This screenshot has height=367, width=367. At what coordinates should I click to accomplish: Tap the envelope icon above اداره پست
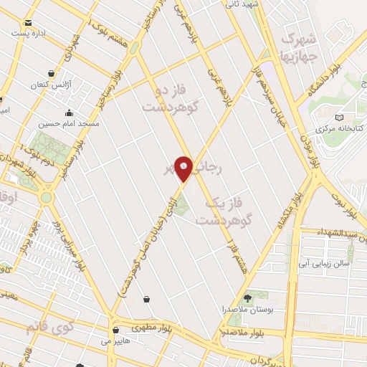click(30, 21)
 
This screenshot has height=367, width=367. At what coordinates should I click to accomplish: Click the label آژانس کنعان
click(47, 85)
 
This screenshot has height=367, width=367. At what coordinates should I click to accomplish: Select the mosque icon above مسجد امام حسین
click(70, 112)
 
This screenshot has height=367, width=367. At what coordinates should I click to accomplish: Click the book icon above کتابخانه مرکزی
click(339, 118)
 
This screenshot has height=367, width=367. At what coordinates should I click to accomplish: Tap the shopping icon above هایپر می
click(115, 331)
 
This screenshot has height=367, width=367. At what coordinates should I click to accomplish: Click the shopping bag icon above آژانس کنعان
click(50, 74)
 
